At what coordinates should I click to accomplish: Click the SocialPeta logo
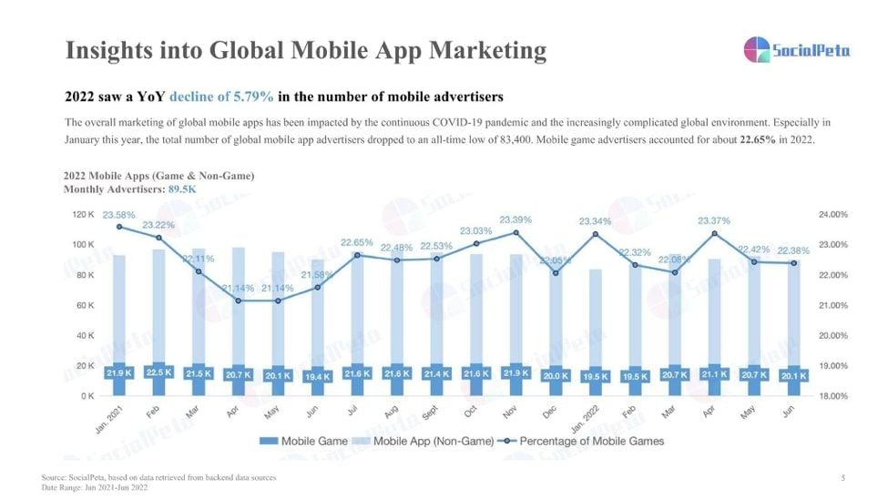click(796, 49)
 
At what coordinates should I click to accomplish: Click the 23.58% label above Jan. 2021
click(119, 216)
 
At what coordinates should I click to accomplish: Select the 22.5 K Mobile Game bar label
click(158, 373)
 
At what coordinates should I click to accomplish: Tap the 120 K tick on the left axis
click(83, 215)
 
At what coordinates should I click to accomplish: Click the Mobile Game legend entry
click(304, 442)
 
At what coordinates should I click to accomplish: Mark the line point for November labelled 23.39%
click(515, 233)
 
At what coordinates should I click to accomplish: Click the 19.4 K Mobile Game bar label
click(317, 375)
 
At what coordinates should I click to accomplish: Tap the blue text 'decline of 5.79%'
click(222, 97)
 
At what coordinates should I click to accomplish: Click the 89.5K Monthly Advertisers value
click(182, 189)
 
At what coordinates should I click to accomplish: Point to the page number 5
click(842, 477)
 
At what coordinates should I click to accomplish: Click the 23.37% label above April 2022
click(713, 221)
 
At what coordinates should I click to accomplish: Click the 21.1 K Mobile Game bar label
click(713, 374)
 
